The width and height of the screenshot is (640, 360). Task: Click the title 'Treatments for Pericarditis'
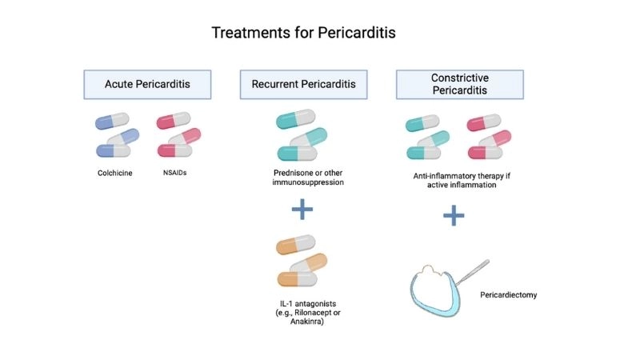(x=303, y=33)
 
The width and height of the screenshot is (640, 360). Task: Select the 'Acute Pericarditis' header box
(x=147, y=84)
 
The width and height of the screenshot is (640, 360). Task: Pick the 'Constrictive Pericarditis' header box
(x=460, y=84)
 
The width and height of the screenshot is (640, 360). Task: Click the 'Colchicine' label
(x=115, y=172)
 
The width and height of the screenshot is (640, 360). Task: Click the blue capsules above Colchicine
(x=118, y=135)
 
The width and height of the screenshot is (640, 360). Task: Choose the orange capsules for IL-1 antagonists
(x=302, y=261)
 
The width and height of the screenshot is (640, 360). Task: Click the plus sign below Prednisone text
(x=302, y=210)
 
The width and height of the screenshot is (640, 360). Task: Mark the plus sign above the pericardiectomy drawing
(x=454, y=215)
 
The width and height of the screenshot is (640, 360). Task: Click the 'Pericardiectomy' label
(x=509, y=295)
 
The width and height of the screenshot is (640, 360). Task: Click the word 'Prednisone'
(x=287, y=172)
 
